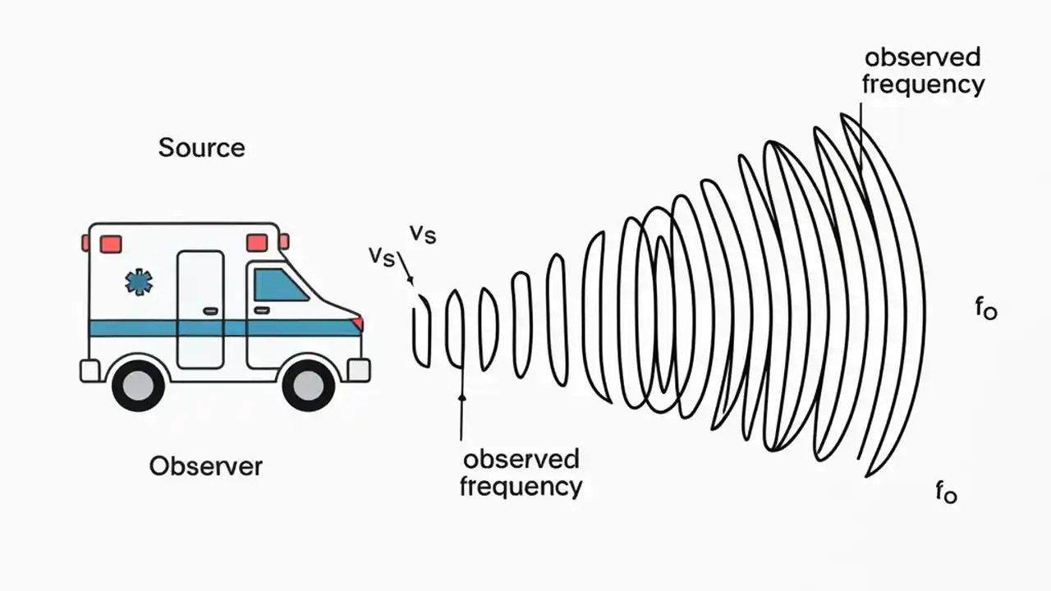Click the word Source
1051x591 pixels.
[x=201, y=148]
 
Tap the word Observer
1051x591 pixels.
[x=205, y=466]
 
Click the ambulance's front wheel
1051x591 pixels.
[x=309, y=384]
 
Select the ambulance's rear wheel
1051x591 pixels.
[x=138, y=384]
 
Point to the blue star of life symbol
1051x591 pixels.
[x=139, y=282]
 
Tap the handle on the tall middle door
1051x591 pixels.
[x=211, y=311]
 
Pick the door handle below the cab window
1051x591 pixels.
[x=262, y=311]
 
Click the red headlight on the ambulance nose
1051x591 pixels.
[x=358, y=323]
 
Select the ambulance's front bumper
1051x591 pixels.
[x=359, y=370]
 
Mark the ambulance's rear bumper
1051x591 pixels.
[x=89, y=371]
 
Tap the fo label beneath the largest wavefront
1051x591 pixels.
[x=946, y=492]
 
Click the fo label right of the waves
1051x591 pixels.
[x=985, y=309]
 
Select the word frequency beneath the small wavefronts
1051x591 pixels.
[x=521, y=486]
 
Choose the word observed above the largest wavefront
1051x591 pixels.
[x=923, y=57]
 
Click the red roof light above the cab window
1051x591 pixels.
[x=257, y=243]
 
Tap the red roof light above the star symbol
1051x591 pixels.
[x=111, y=244]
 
